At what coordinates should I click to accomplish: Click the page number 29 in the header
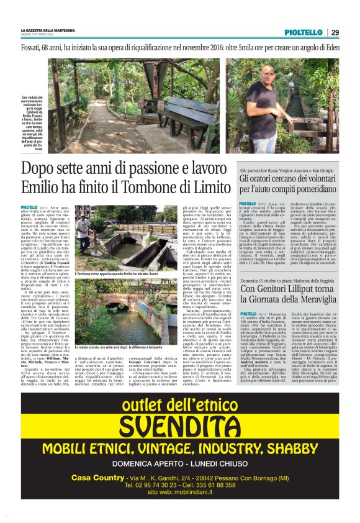tap(335, 32)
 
